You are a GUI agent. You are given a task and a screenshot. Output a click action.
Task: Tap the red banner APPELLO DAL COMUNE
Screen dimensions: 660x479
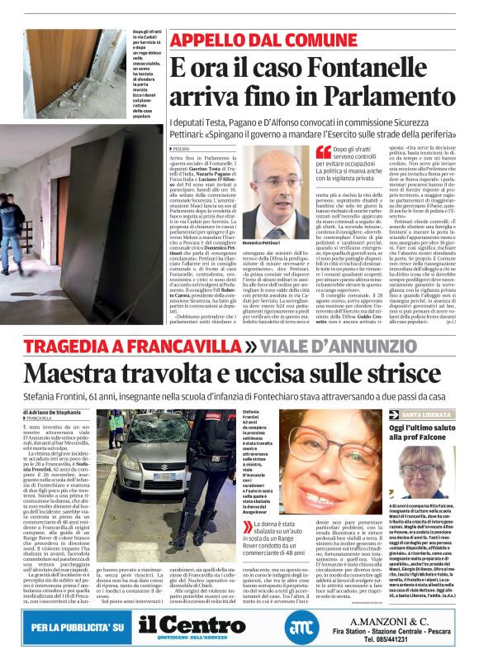point(252,40)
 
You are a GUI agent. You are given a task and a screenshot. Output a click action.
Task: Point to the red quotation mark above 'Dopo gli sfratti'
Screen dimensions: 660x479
point(324,151)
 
